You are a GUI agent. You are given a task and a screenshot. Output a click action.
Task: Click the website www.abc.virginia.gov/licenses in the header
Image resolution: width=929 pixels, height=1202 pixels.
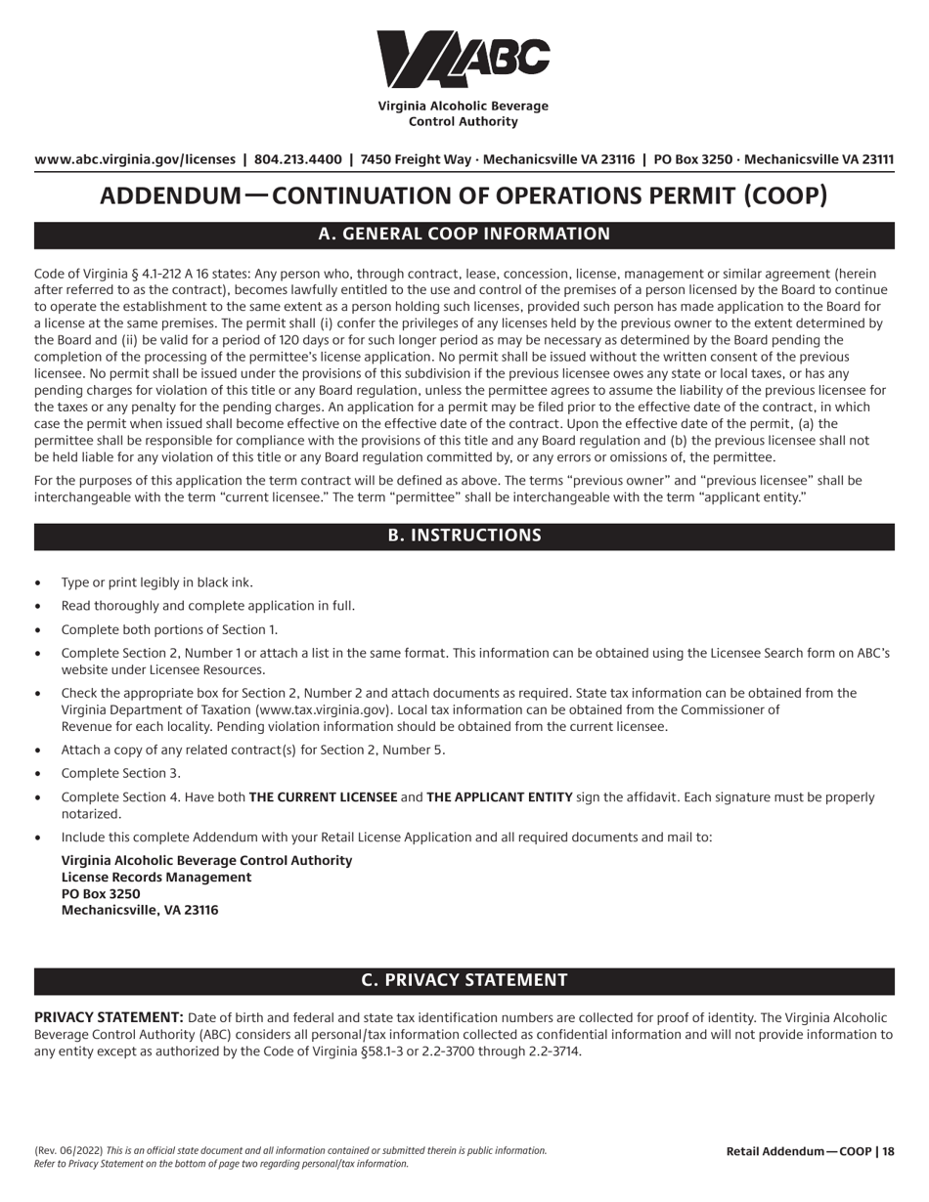pos(135,159)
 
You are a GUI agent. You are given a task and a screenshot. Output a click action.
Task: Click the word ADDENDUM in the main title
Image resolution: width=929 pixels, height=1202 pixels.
pos(170,195)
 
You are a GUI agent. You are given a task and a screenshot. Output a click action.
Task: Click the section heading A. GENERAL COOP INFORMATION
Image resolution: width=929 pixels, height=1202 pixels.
pos(464,235)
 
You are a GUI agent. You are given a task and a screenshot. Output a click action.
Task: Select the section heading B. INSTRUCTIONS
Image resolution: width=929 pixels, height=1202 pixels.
pos(464,536)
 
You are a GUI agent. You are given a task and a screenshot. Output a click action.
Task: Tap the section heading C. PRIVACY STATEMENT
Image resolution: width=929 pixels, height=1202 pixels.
pos(464,980)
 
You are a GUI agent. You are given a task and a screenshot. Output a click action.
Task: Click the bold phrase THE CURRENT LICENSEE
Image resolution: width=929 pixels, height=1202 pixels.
pos(323,797)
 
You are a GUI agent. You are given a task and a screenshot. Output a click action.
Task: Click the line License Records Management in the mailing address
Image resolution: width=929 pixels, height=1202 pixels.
pos(156,878)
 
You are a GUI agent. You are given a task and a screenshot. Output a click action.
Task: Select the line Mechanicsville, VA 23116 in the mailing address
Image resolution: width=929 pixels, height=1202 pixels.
pos(140,911)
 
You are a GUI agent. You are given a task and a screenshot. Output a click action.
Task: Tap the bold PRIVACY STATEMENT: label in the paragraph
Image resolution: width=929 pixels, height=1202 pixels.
pos(109,1017)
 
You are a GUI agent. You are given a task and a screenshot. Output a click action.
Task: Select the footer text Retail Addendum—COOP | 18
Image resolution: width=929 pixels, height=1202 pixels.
pos(810,1152)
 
